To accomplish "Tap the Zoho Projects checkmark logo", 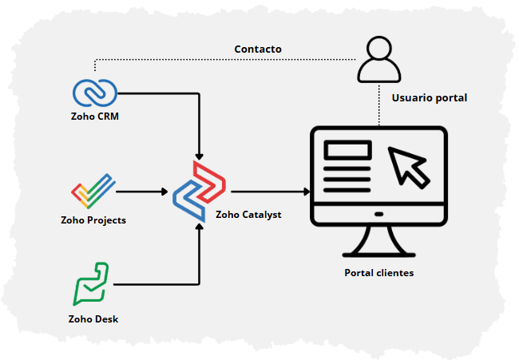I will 93,192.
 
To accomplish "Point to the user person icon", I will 378,60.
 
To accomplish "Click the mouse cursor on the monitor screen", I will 408,164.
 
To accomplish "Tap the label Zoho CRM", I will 94,118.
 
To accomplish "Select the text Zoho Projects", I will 93,220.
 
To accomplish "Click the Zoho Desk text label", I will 93,319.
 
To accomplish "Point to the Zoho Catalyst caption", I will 248,215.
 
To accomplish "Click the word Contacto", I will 258,49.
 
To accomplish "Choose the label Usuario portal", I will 430,98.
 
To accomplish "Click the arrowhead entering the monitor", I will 306,192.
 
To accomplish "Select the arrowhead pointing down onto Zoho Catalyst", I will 199,154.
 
